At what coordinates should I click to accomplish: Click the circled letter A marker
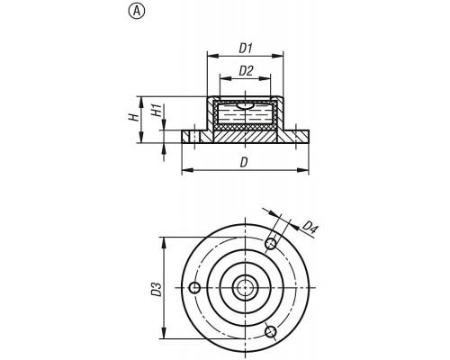click(137, 12)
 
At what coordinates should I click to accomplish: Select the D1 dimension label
click(246, 49)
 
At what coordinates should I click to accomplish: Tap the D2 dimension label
click(246, 71)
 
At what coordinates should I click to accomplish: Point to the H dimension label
click(135, 117)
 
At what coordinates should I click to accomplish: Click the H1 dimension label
click(157, 111)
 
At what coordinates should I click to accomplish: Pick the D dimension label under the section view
click(244, 163)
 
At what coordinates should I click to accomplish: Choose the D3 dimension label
click(157, 290)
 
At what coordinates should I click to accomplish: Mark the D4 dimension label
click(310, 227)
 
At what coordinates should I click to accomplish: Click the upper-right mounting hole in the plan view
click(271, 244)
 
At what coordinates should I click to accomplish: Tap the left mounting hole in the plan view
click(194, 288)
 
